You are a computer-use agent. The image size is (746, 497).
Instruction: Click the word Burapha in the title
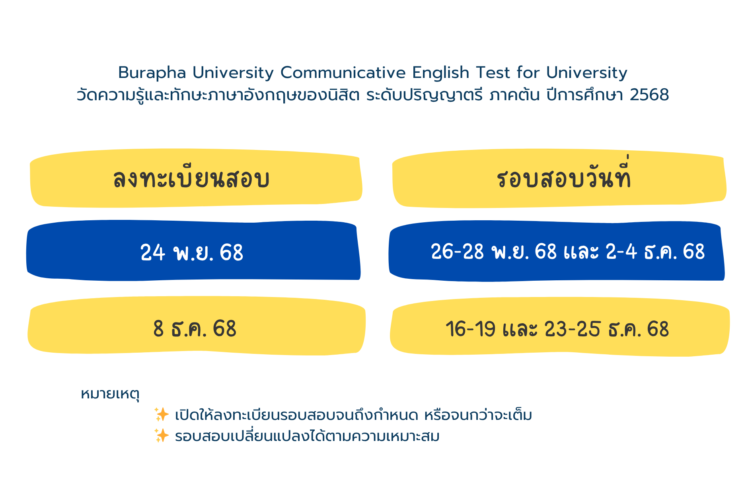pyautogui.click(x=152, y=73)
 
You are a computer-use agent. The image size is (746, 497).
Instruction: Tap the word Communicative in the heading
pyautogui.click(x=343, y=73)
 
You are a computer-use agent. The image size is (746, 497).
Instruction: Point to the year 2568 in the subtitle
pyautogui.click(x=649, y=95)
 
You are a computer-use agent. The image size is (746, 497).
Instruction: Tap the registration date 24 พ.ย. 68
pyautogui.click(x=192, y=252)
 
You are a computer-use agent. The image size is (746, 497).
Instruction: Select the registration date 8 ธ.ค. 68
pyautogui.click(x=195, y=329)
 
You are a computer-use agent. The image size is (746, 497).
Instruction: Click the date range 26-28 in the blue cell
pyautogui.click(x=457, y=252)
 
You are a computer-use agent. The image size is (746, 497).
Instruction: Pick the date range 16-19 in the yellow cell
pyautogui.click(x=470, y=329)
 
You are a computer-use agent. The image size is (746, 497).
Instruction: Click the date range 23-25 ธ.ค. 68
pyautogui.click(x=606, y=329)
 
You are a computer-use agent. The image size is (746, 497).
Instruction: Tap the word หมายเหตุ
pyautogui.click(x=110, y=394)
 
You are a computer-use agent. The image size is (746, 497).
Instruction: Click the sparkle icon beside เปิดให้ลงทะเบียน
pyautogui.click(x=162, y=414)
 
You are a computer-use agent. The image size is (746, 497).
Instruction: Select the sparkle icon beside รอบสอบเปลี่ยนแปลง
pyautogui.click(x=162, y=435)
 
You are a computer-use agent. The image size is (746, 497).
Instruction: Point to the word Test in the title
pyautogui.click(x=493, y=73)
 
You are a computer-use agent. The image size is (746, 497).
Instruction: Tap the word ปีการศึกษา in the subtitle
pyautogui.click(x=584, y=95)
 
